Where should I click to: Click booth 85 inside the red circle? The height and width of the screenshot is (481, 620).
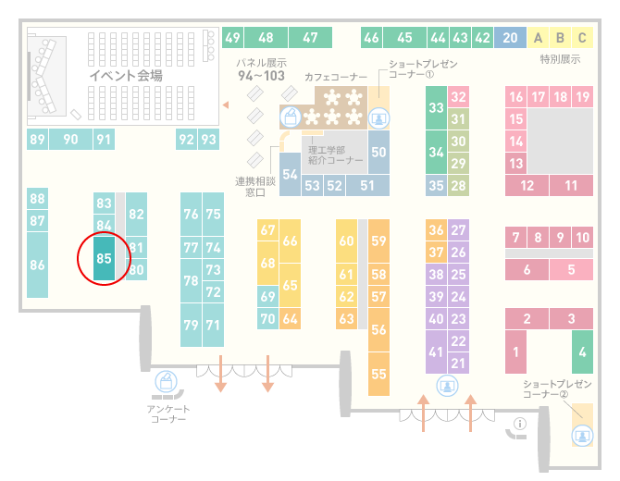point(104,258)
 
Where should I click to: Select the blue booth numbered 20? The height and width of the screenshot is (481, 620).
point(510,38)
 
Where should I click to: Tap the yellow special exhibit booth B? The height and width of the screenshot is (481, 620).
point(560,38)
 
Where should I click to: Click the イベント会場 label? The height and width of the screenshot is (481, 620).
point(126,76)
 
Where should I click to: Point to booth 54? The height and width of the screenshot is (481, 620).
point(290,174)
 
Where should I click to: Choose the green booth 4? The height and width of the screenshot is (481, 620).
point(582,351)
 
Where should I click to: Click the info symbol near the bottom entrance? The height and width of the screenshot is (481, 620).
point(519,424)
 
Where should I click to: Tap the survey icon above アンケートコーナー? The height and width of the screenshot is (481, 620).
point(166,381)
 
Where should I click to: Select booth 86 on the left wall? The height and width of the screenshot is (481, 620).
point(37,265)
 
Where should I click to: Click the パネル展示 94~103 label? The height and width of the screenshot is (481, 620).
point(261,69)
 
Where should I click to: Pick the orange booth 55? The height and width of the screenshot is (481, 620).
point(378,374)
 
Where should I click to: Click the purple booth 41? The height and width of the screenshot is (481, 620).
point(436,351)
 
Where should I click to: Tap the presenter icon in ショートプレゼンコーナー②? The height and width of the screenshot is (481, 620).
point(582,436)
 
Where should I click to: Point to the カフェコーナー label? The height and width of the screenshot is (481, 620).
point(336,77)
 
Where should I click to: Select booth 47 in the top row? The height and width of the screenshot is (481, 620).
point(310,38)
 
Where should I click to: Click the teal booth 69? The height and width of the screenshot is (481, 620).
point(267,296)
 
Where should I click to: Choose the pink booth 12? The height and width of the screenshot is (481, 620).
point(527,185)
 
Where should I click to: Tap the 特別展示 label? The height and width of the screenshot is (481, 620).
point(560,59)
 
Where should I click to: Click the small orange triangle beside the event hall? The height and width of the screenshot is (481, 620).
point(226,105)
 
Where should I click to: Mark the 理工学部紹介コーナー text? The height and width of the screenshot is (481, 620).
point(335,154)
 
